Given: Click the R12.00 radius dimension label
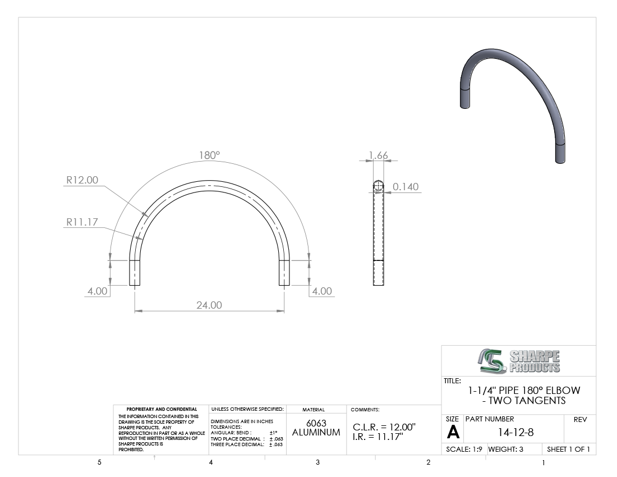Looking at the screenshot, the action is point(82,180).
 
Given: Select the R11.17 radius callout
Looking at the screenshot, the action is point(82,222).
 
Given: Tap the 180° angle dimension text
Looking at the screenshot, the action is point(209,155).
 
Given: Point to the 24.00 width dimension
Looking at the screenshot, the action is point(209,305).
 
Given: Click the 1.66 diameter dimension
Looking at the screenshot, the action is point(379,155).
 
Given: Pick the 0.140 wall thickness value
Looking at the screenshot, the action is point(406,186).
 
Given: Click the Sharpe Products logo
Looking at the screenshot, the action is point(519,361).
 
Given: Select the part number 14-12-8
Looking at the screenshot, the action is point(516,432).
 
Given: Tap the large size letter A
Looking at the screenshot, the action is point(453,433).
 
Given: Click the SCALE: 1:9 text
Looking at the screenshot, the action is point(464,449).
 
